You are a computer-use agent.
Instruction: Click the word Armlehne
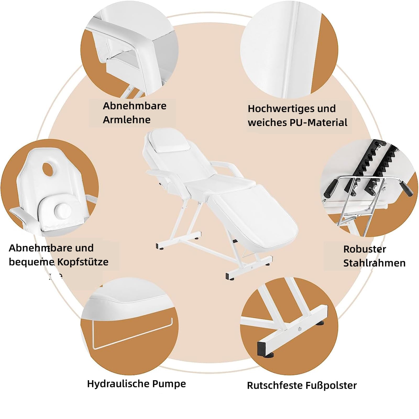[x=126, y=120]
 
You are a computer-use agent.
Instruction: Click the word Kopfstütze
[x=83, y=262]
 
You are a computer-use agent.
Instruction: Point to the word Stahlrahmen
[x=374, y=263]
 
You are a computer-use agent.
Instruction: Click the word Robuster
[x=365, y=249]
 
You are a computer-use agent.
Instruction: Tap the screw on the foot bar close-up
[x=299, y=329]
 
